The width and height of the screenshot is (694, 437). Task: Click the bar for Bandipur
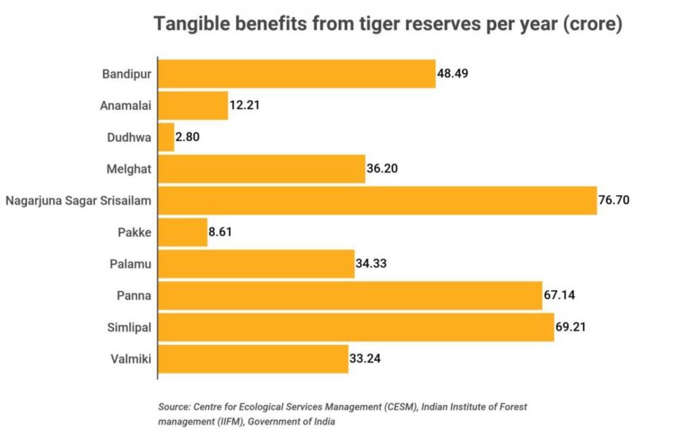pos(296,73)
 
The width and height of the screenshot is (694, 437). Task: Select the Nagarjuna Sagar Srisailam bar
pos(377,201)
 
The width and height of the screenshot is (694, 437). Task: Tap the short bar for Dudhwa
pos(166,137)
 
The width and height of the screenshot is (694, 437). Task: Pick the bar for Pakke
pos(182,232)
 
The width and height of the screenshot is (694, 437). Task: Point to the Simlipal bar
pos(356,327)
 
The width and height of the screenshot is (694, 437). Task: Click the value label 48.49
pos(453,73)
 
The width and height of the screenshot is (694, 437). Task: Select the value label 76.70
pos(614,201)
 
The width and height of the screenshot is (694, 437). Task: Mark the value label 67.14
pos(560,295)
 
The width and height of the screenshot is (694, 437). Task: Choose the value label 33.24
pos(366,359)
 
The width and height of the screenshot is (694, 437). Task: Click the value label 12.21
pos(245,105)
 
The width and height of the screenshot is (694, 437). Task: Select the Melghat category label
pos(129,169)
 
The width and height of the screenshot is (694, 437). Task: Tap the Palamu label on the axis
pos(131,264)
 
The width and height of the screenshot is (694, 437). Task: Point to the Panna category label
pos(134,295)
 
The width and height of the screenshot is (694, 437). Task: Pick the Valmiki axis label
pos(130,359)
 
